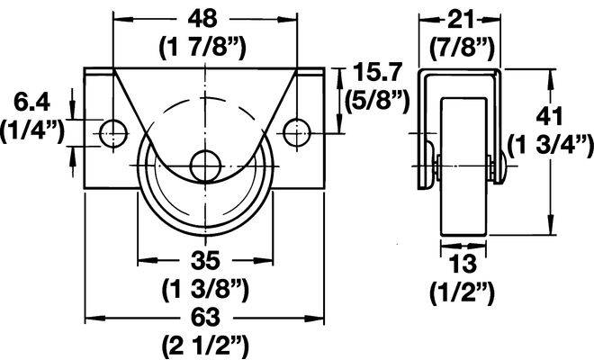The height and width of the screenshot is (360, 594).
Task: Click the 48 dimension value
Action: point(203,19)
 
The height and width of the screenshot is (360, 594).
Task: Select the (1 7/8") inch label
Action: point(202,48)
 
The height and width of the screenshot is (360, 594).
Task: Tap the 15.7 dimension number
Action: point(376,72)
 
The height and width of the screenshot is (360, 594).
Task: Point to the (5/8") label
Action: point(376,101)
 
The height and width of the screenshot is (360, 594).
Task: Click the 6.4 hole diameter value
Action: point(31,102)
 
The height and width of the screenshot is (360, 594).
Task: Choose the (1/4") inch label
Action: point(32,131)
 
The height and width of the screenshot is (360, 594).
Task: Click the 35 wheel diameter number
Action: point(205,260)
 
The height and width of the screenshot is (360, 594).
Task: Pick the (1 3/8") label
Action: point(205,290)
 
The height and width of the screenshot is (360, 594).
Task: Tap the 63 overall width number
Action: point(205,318)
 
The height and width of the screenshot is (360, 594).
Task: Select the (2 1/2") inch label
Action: point(205,346)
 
